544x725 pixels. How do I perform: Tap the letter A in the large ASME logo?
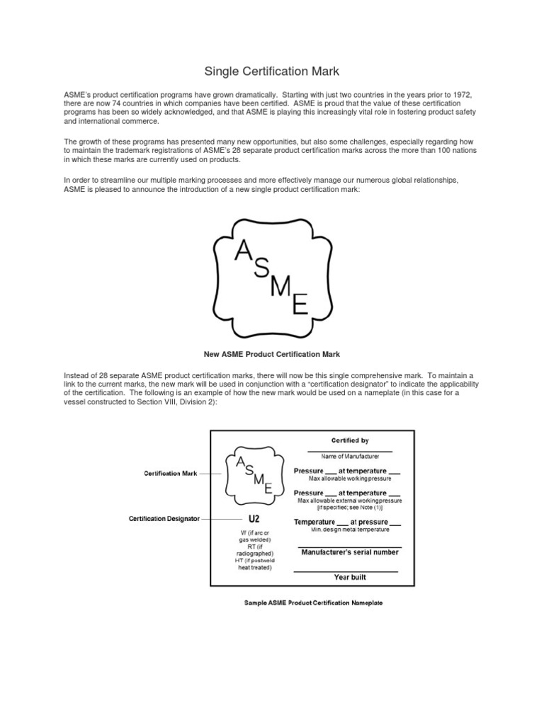point(242,249)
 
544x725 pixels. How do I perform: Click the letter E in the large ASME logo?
point(300,306)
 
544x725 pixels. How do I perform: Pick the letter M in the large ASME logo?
point(281,287)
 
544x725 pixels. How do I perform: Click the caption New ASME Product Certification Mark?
point(271,353)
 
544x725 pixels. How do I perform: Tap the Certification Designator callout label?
point(164,518)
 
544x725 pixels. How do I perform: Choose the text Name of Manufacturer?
point(350,457)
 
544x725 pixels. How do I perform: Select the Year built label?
point(350,577)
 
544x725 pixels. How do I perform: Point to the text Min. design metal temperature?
point(349,530)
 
